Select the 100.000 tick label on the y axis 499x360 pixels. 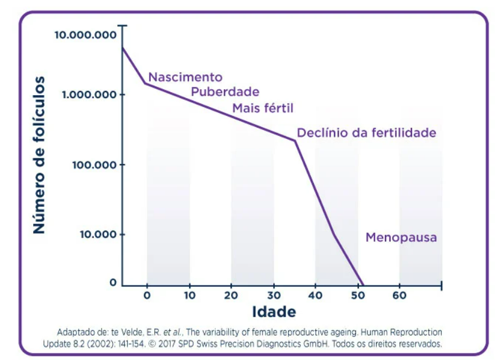click(x=95, y=164)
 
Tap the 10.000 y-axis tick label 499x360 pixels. click(x=98, y=235)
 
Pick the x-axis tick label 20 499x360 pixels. click(x=231, y=296)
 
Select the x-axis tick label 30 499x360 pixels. click(x=273, y=296)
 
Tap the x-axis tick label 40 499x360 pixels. click(x=315, y=296)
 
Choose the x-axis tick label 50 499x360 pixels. click(x=357, y=296)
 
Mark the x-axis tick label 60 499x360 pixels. click(x=400, y=296)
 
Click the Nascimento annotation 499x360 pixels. click(x=185, y=77)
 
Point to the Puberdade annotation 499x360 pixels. click(x=225, y=92)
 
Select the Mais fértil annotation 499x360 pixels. click(x=263, y=108)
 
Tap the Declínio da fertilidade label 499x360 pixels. click(x=366, y=133)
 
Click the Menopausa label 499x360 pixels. click(x=401, y=238)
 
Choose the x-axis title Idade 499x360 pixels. click(x=274, y=312)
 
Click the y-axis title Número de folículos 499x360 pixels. click(x=39, y=155)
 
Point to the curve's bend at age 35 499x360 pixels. click(x=294, y=140)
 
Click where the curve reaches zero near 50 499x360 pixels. click(x=362, y=285)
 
